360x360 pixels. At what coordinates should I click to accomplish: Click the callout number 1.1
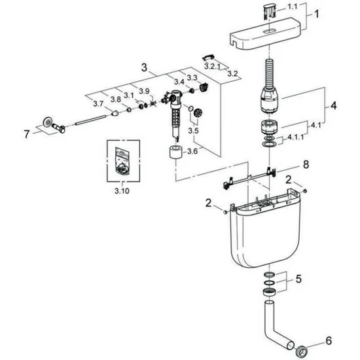pos(293,7)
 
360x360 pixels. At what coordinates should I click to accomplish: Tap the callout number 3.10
pos(122,190)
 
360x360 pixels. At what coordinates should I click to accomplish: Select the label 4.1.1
pos(295,137)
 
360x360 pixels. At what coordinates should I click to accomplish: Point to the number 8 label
pos(306,164)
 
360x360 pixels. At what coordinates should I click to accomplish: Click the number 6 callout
pos(329,341)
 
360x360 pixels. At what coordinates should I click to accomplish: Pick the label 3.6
pos(192,151)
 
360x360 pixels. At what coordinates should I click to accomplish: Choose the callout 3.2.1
pos(212,67)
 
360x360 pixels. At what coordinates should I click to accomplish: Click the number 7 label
pos(27,134)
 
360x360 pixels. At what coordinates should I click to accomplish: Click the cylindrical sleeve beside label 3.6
pos(176,152)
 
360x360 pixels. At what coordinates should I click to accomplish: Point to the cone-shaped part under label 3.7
pos(115,113)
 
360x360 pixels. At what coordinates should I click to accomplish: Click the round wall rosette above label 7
pos(48,122)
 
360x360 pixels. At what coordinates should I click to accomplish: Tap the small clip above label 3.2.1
pos(208,57)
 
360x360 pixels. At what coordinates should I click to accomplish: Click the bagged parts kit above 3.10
pos(122,161)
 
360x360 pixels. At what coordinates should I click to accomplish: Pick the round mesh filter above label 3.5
pos(198,113)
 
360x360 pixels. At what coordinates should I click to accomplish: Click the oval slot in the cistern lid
pos(267,31)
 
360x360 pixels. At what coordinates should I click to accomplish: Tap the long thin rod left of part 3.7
pos(91,120)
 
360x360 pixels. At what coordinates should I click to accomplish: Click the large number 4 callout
pos(333,105)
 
